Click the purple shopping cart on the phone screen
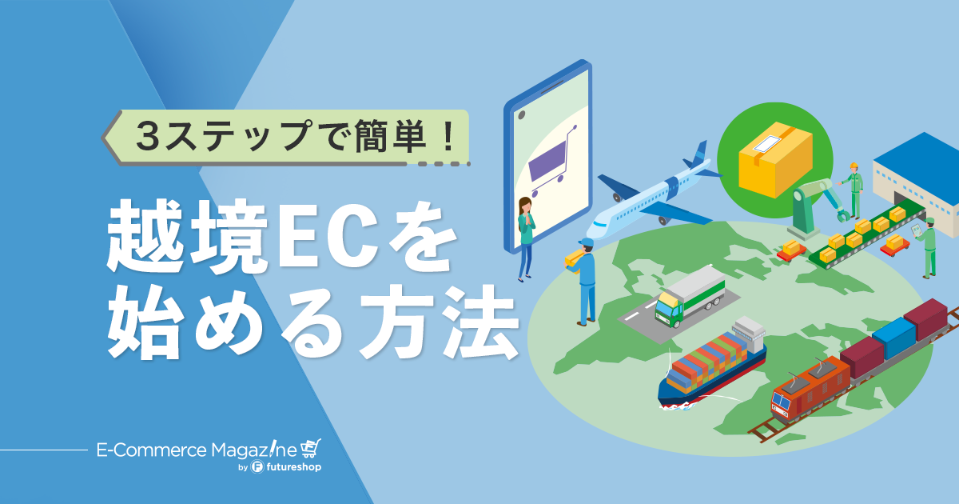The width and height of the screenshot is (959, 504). tap(551, 161)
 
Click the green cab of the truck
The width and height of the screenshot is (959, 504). tap(668, 308)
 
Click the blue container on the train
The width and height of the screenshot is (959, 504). tap(894, 338)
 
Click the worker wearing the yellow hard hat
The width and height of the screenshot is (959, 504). tap(854, 190)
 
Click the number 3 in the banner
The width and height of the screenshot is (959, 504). tap(148, 136)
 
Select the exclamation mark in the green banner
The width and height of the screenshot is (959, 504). tap(448, 135)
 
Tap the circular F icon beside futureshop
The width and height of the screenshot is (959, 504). tap(257, 466)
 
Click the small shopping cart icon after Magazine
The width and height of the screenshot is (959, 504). tap(311, 448)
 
